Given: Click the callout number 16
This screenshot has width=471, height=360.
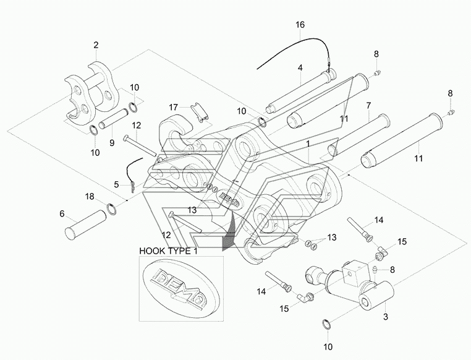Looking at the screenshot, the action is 300,25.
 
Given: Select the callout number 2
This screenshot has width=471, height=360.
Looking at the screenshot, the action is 96,45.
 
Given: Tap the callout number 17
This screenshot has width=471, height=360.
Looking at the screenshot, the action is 173,107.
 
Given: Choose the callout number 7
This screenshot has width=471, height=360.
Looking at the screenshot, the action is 368,106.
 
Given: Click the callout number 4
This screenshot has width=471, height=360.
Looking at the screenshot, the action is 300,68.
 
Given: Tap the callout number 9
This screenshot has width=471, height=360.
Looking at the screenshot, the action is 112,143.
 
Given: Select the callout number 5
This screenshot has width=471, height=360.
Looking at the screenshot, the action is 117,184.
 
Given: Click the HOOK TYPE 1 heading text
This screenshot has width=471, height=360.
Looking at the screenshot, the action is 169,251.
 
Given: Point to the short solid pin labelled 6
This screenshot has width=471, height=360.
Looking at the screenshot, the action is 86,225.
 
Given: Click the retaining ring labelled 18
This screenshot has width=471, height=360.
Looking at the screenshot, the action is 112,209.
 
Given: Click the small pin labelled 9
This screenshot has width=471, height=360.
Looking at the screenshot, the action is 114,119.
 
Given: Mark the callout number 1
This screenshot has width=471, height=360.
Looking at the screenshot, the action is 308,144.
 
